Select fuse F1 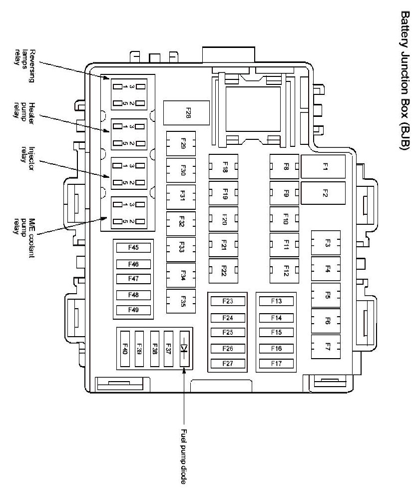point(323,167)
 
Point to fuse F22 point(223,271)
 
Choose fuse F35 point(181,302)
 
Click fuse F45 point(133,247)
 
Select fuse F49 point(133,310)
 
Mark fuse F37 point(169,349)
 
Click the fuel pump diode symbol point(184,348)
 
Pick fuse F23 point(227,301)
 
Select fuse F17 point(276,364)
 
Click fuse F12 point(284,271)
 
